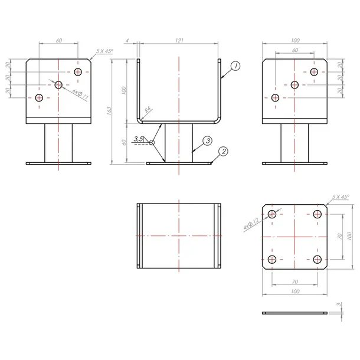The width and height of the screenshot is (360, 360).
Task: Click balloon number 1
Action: [x=234, y=66]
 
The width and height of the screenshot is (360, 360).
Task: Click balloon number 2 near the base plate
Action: [x=222, y=152]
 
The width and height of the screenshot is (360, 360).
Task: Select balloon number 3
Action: [x=207, y=140]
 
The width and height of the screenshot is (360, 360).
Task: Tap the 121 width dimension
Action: [x=179, y=40]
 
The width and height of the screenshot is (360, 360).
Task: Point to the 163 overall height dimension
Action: [x=109, y=112]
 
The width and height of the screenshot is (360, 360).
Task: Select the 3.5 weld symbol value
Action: [x=138, y=139]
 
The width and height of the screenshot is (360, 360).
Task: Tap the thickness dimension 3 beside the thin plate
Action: [x=338, y=305]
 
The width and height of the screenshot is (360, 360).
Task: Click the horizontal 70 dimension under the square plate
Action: [x=294, y=282]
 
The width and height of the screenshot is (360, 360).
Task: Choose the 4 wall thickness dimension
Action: [x=127, y=40]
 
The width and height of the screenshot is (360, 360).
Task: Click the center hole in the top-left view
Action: [x=58, y=85]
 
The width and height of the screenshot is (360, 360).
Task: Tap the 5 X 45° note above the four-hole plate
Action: [x=341, y=196]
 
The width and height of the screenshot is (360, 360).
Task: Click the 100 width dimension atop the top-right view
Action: [x=295, y=41]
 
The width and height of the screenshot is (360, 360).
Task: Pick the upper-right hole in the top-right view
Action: [x=313, y=71]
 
